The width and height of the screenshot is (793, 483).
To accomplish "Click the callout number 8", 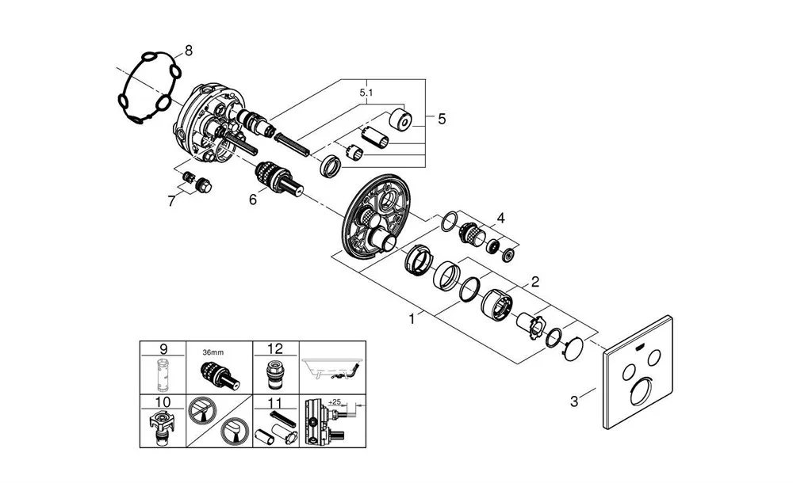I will (188, 51).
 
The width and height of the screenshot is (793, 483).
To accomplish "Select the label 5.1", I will (366, 93).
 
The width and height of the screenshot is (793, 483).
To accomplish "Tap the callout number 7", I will (170, 201).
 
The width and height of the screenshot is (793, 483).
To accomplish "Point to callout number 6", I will (253, 200).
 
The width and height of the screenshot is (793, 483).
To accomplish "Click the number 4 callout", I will (500, 217).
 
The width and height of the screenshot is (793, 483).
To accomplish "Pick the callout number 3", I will (574, 401).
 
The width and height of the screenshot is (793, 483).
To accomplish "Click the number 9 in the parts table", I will (163, 348).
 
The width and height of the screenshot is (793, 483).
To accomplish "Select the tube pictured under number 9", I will (164, 375).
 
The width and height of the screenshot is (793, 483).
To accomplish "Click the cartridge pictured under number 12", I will (275, 372).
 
